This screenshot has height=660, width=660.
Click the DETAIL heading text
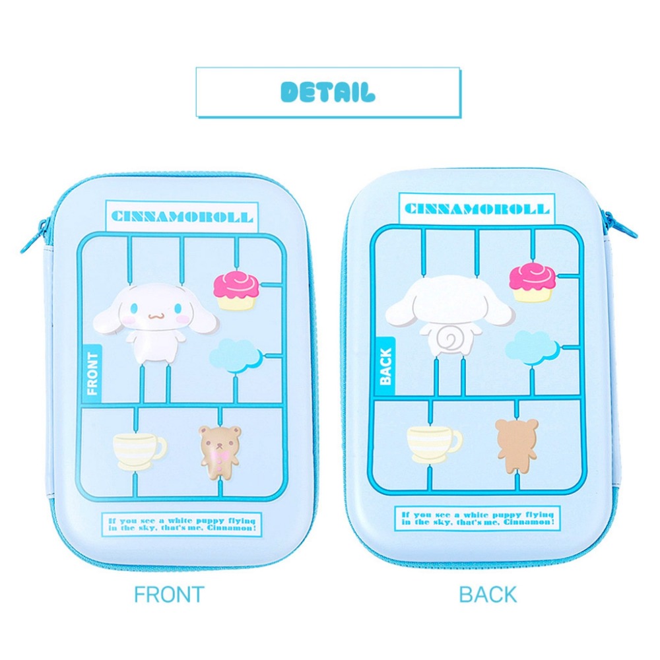click(x=328, y=92)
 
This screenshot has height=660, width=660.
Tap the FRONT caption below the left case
click(x=169, y=595)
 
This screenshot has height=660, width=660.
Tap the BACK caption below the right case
click(x=488, y=595)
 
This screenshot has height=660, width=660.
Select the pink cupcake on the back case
click(x=532, y=282)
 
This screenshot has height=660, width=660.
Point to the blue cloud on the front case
click(x=234, y=356)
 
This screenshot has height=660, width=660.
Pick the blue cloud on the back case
click(x=531, y=347)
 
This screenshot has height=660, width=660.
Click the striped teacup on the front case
click(x=139, y=451)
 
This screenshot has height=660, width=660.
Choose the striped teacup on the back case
click(x=434, y=444)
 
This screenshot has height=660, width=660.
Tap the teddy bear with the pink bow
click(x=220, y=452)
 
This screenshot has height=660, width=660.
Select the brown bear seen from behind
click(x=517, y=445)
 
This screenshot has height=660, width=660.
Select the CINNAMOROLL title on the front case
click(x=182, y=216)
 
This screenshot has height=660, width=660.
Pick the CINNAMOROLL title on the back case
click(x=477, y=209)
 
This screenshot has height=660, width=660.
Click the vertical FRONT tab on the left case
click(x=92, y=374)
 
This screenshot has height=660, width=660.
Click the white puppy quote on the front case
click(x=182, y=525)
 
